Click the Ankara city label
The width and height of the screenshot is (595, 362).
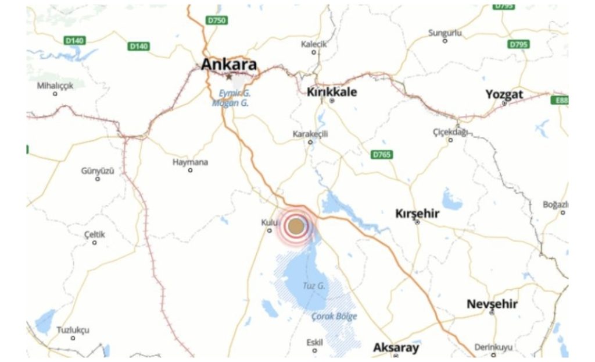point(229,65)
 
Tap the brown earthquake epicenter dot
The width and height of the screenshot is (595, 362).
point(296,226)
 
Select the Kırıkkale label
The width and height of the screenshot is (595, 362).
point(332,92)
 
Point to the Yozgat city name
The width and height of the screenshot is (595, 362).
point(504,94)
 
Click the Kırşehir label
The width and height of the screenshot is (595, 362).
point(417,214)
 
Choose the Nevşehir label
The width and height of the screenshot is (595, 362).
point(492,304)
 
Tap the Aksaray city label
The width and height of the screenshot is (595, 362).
point(396,347)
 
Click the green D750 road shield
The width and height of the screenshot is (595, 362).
point(217,20)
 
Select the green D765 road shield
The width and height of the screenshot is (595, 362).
point(382,155)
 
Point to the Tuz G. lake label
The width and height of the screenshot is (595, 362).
point(314,286)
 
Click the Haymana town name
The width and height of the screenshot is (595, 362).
point(190,162)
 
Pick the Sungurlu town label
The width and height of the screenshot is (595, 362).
point(445,33)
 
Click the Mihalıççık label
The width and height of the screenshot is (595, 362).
point(55,86)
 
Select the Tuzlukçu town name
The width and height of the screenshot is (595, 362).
point(73,330)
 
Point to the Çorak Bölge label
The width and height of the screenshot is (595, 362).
point(334,317)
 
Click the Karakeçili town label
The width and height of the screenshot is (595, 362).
point(310,134)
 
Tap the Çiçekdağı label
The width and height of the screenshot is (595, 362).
point(450,132)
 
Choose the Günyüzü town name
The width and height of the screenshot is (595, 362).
point(98,171)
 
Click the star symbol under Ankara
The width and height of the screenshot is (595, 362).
point(229,76)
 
